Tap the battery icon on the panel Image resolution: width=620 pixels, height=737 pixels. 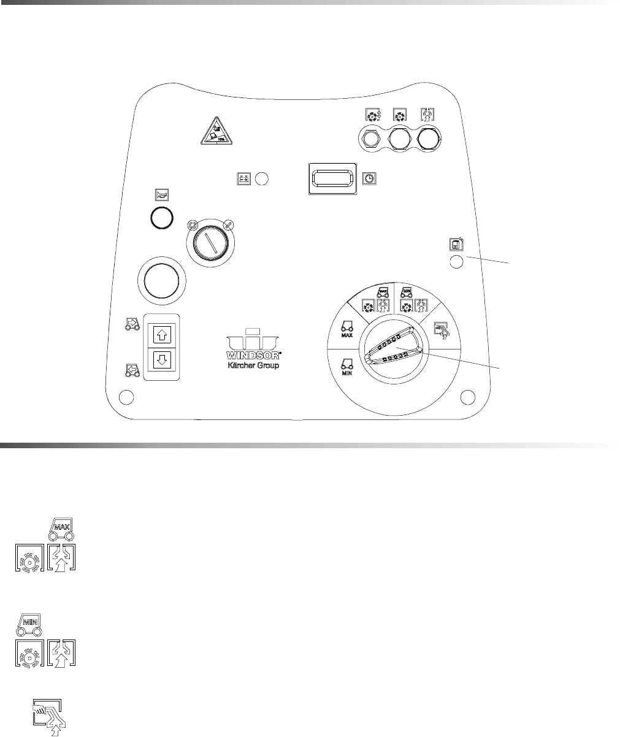243,179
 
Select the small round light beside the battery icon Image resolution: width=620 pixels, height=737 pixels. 262,179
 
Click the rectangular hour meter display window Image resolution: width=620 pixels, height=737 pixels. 332,178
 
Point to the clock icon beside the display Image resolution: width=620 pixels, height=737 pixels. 370,178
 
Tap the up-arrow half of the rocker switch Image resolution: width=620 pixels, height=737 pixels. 163,334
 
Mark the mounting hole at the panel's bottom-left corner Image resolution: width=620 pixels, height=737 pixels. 126,397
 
